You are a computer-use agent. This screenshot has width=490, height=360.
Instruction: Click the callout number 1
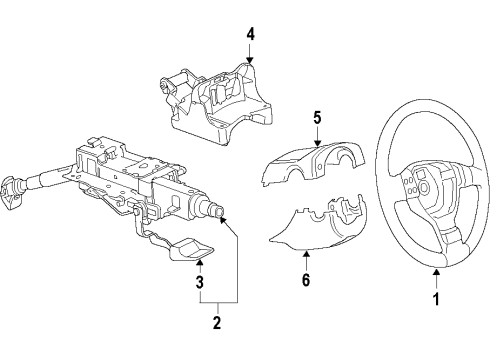point(436,299)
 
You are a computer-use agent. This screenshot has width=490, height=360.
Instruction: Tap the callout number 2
point(217,322)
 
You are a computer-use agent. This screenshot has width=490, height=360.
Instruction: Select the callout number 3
point(199,282)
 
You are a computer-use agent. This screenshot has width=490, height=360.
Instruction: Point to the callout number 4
point(250,34)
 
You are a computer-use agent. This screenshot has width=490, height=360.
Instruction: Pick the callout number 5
point(317,118)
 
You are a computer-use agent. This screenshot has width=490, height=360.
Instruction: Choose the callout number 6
point(306,280)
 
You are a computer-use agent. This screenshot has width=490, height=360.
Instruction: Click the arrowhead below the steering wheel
point(436,272)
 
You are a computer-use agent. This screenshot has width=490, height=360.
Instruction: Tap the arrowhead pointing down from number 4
point(250,59)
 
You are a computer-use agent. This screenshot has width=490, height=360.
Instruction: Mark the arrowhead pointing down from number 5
point(317,143)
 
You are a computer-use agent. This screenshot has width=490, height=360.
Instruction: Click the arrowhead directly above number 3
point(199,262)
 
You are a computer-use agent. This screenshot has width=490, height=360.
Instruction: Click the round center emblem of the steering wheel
point(424,187)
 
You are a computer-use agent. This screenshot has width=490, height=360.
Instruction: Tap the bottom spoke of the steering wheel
point(452,236)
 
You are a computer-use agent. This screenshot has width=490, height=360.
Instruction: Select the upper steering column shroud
point(313,162)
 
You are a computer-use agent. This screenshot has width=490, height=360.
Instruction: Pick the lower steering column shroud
point(318,224)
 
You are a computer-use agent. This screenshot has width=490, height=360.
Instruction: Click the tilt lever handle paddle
point(192,249)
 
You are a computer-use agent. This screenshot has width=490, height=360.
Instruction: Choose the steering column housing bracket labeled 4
point(217,101)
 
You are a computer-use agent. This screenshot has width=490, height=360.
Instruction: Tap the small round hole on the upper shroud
point(319,166)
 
